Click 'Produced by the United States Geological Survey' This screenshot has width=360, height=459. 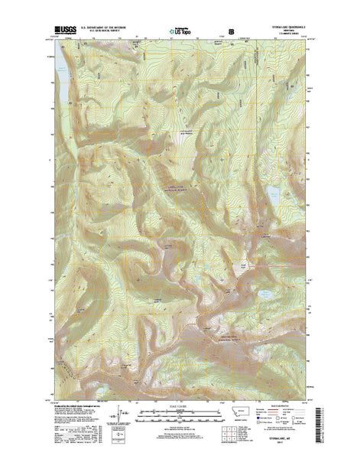76,408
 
